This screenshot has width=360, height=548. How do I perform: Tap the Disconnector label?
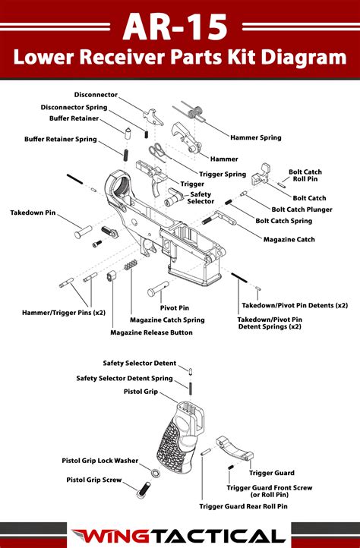(x=95, y=94)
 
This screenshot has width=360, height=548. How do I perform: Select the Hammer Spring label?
(x=255, y=137)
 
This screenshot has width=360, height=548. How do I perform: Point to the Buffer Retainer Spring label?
(x=60, y=139)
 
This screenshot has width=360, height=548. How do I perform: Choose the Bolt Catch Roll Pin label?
(x=305, y=176)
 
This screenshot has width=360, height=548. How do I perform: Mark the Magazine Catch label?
(x=289, y=239)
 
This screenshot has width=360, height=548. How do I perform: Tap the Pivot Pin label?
(x=174, y=307)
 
